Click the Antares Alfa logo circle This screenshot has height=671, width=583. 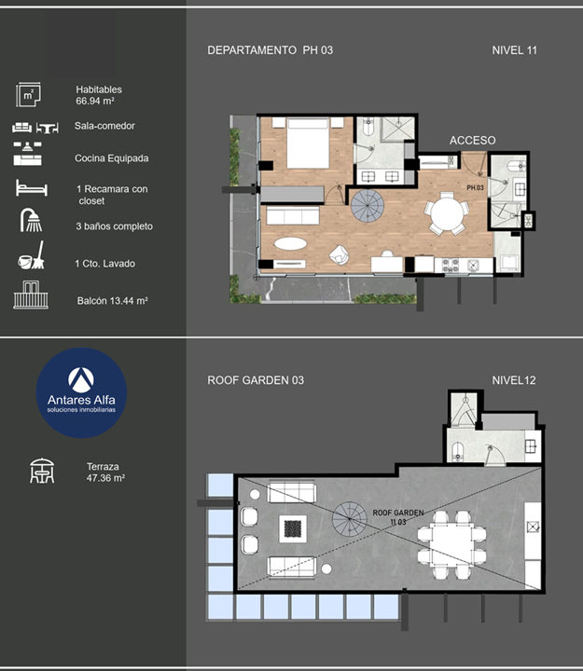tap(81, 393)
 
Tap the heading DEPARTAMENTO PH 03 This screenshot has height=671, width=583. tap(270, 50)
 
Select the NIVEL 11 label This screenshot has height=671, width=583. tap(514, 50)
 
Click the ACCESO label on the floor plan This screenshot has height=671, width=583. tap(473, 141)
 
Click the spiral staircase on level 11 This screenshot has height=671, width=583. tap(368, 206)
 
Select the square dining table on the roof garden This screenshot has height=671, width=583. tap(451, 545)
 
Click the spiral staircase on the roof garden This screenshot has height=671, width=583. tap(350, 519)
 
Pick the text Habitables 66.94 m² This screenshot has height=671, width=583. tap(99, 95)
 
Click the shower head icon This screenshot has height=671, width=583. tap(31, 220)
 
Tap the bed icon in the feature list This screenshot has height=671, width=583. tap(32, 188)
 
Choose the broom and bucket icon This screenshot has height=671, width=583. tap(32, 255)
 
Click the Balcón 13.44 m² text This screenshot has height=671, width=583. tap(113, 301)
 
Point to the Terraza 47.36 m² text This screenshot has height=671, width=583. tap(105, 472)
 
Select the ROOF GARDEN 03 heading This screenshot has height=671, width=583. tap(256, 380)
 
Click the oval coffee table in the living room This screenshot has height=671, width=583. tap(290, 244)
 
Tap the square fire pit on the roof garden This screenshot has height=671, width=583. tap(293, 529)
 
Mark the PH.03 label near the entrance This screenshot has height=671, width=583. tap(475, 188)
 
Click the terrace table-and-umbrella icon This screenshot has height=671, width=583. tap(42, 471)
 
